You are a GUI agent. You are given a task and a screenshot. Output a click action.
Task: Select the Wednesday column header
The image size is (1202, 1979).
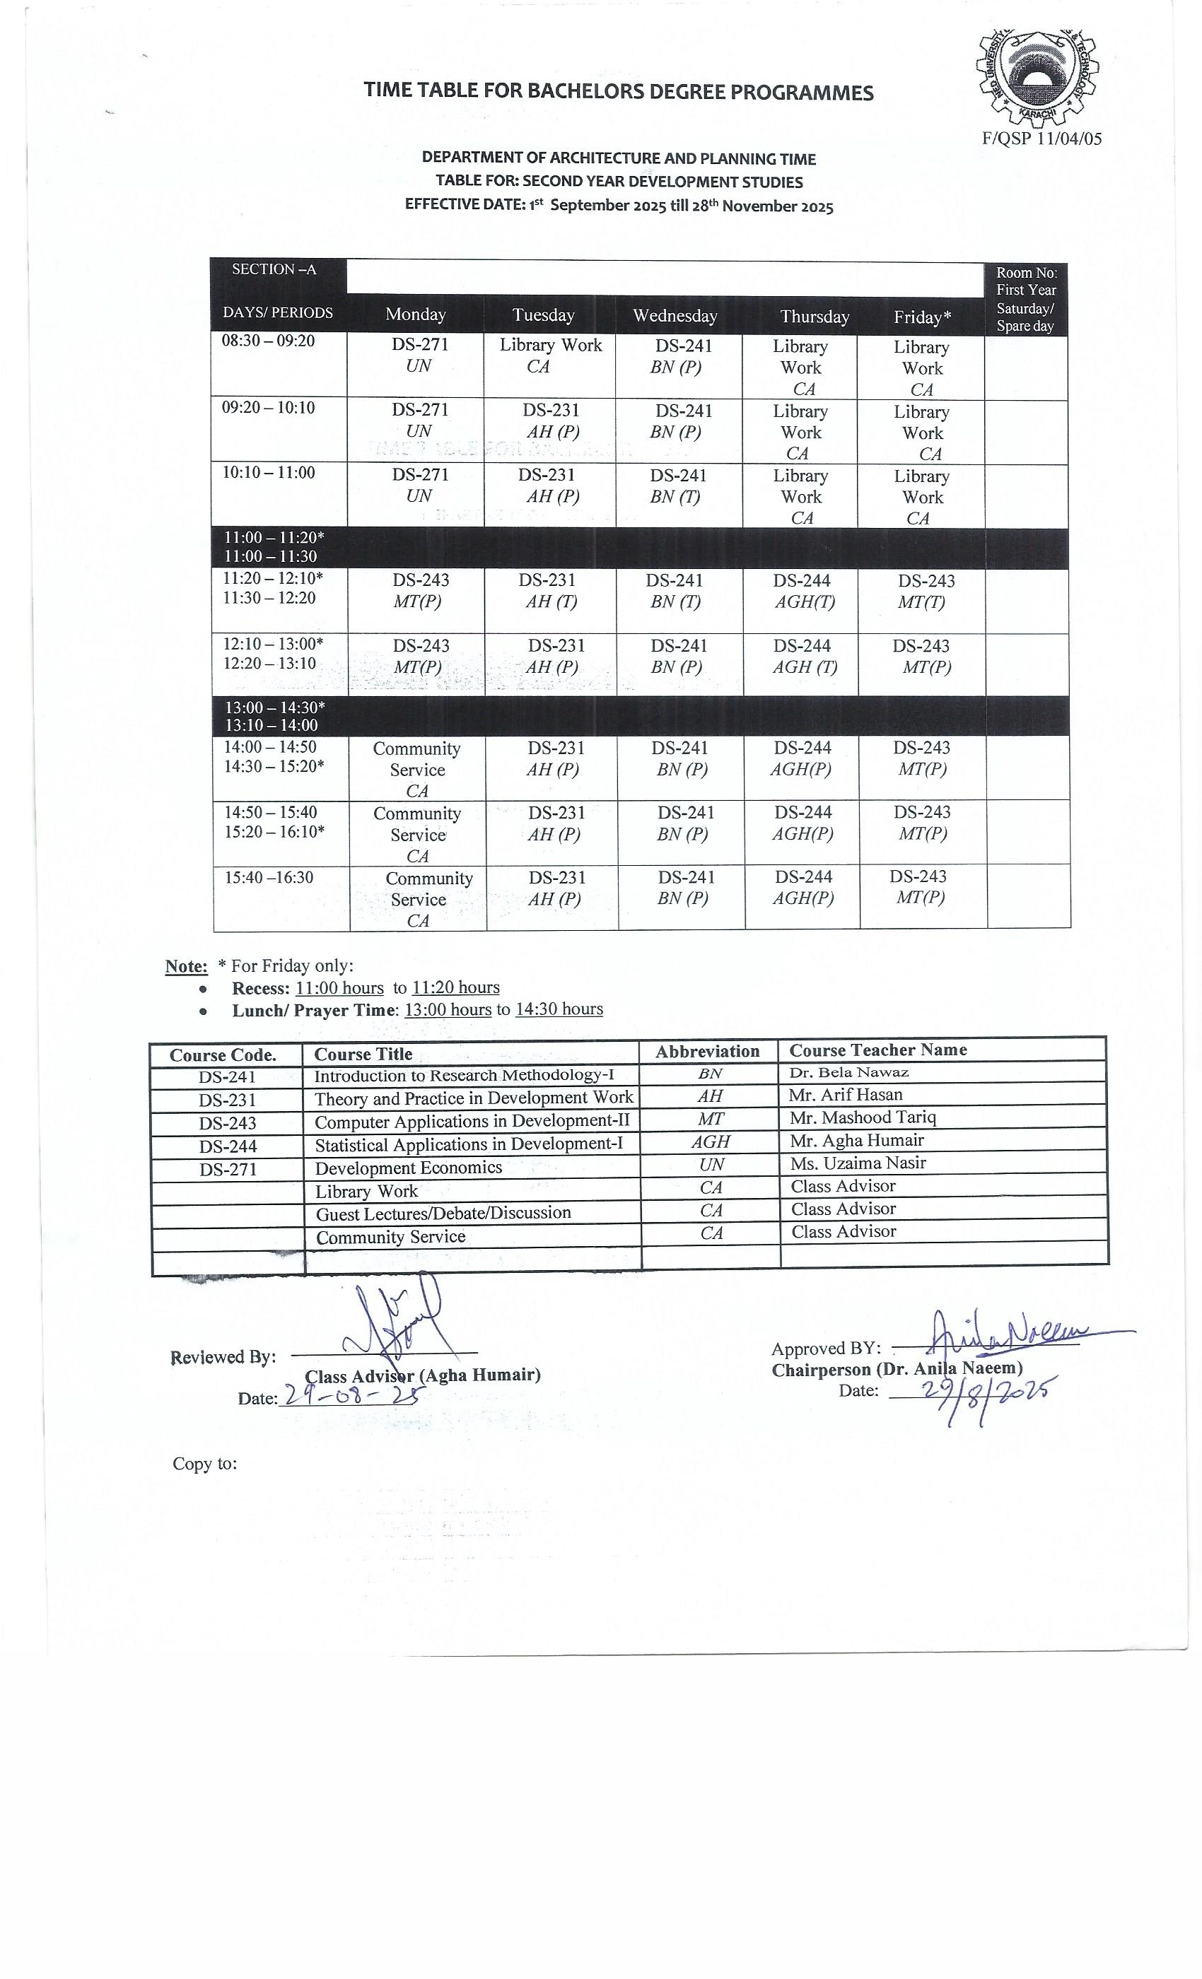675,316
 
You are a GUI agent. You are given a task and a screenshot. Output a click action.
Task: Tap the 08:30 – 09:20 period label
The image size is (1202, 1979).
269,341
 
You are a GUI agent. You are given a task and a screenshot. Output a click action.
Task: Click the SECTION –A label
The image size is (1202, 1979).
274,269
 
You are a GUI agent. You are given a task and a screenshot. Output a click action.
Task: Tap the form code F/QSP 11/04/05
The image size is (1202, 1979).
1041,138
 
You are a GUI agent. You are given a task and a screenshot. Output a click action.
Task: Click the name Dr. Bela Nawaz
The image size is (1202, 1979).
848,1072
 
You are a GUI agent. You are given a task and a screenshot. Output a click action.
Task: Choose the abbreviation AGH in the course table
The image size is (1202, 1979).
711,1141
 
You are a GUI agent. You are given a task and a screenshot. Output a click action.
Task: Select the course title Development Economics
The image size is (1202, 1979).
408,1168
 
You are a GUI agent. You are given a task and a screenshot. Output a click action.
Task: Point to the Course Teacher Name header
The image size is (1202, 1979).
877,1050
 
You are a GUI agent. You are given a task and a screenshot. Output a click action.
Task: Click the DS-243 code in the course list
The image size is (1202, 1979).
228,1123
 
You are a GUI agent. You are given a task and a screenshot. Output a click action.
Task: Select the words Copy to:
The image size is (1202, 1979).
205,1463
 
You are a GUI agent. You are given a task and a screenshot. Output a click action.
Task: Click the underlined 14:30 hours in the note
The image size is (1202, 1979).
559,1009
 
